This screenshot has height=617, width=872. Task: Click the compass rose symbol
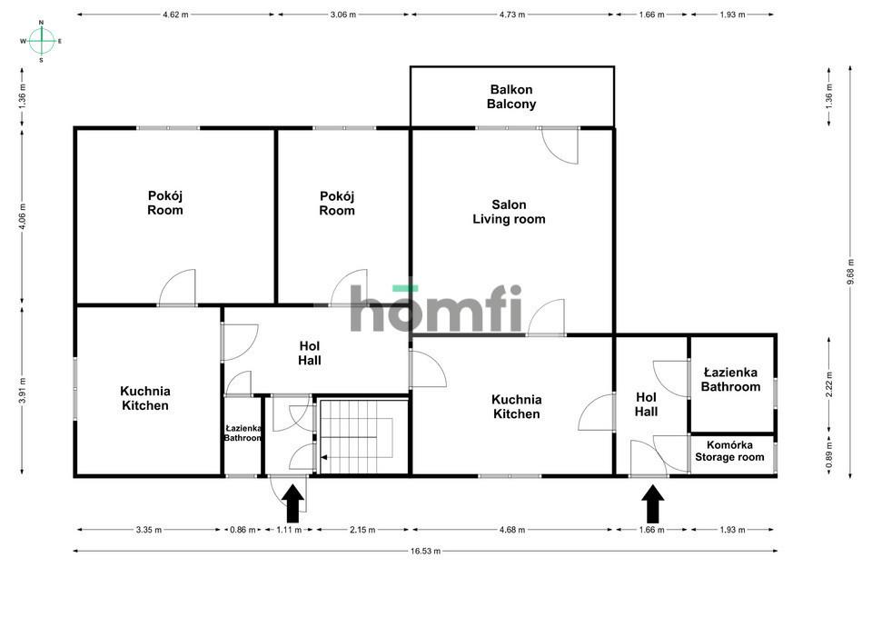(42, 41)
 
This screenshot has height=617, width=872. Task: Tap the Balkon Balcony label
(511, 97)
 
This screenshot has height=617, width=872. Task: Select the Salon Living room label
(509, 212)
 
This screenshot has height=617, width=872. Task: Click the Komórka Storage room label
(729, 452)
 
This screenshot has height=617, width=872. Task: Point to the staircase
(362, 437)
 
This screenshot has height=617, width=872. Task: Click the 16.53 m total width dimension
(425, 552)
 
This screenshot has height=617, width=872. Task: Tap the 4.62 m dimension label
(175, 15)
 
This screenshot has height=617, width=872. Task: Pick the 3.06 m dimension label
(343, 15)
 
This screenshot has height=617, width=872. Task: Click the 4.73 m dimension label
(512, 15)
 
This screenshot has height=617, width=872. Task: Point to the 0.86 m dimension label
(243, 530)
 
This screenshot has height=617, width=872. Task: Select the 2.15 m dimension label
(362, 530)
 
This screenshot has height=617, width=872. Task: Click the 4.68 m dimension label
(512, 530)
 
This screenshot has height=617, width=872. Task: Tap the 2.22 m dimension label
(829, 384)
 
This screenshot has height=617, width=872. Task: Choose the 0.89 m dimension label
(829, 455)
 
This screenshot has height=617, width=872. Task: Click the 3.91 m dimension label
(22, 390)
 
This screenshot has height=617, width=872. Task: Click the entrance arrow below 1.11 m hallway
(293, 503)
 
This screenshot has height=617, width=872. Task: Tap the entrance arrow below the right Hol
(653, 503)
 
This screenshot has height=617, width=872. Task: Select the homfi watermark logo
(436, 308)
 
